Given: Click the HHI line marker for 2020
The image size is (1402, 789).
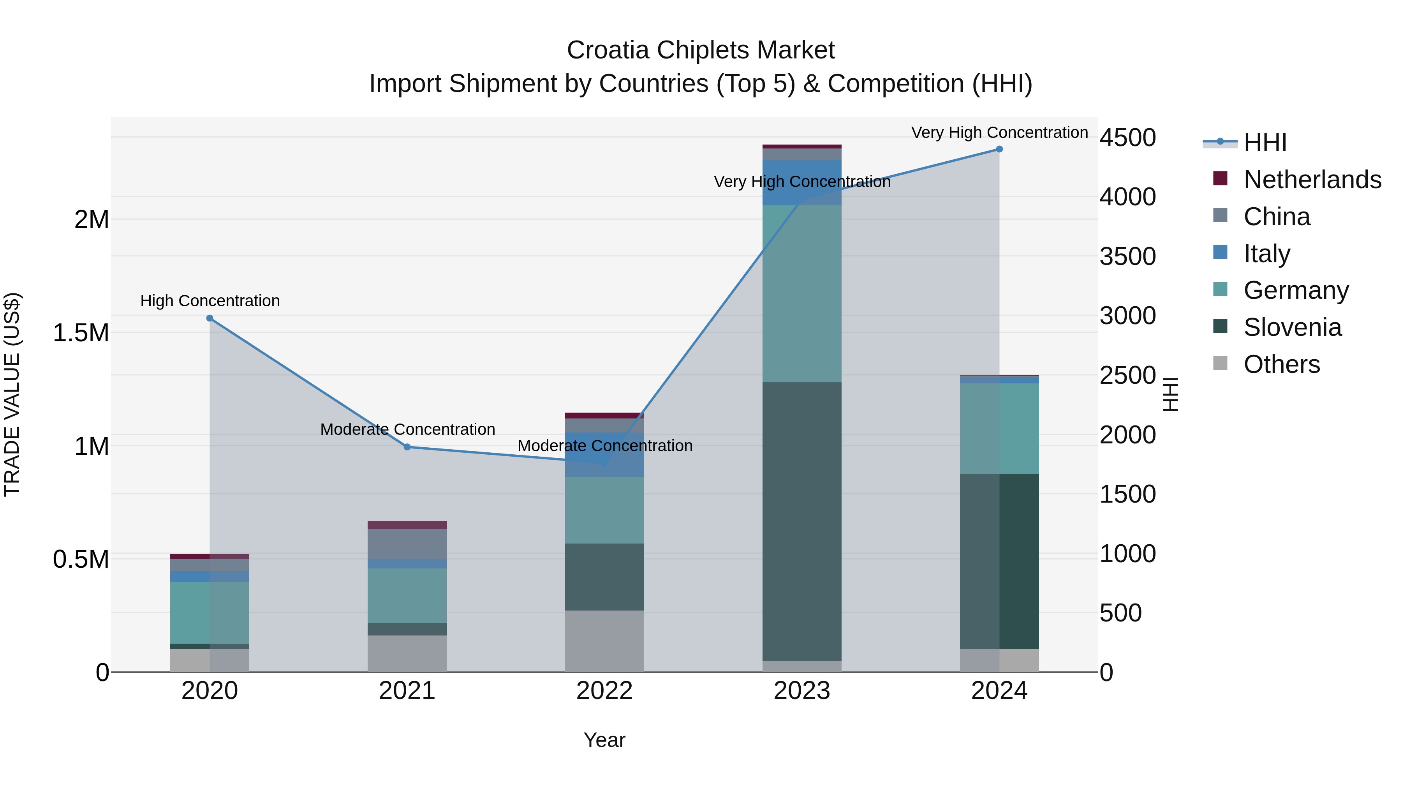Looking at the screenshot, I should pos(210,318).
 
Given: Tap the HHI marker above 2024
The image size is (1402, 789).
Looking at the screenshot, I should pos(999,149).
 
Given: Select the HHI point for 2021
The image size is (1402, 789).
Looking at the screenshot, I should pos(407,447).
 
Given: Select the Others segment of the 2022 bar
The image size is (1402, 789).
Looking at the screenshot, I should pos(604,641).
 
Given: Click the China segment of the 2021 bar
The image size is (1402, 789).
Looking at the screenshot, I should pos(407,544).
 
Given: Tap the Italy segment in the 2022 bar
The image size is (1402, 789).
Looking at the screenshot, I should pos(604,455).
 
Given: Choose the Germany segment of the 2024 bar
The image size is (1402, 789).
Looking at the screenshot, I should pos(999,429).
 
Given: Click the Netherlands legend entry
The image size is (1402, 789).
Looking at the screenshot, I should pos(1312,180).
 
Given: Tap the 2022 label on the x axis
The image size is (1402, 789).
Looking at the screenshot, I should pos(604,691).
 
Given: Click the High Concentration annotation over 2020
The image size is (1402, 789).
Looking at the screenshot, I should pos(210,300).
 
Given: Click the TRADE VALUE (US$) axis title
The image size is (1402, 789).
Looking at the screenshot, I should pos(12,394).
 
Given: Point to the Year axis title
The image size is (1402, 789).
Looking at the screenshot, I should pos(604,740).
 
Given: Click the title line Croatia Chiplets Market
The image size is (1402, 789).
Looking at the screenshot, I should pos(701,50).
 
